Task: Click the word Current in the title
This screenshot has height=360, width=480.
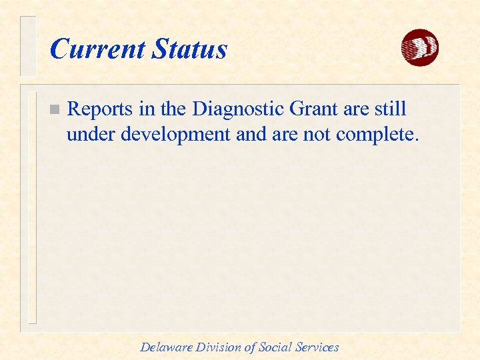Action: click(x=97, y=49)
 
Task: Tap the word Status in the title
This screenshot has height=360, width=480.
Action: click(x=189, y=49)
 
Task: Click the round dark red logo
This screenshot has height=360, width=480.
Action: click(x=419, y=48)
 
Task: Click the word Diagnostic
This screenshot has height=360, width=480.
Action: click(x=235, y=109)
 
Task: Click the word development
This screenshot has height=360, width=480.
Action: click(x=175, y=136)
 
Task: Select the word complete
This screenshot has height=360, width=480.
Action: click(x=377, y=136)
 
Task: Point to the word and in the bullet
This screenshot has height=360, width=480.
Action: click(x=250, y=135)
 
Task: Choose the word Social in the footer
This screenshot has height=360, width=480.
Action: click(x=275, y=347)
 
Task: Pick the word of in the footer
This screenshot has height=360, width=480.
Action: click(x=249, y=347)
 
